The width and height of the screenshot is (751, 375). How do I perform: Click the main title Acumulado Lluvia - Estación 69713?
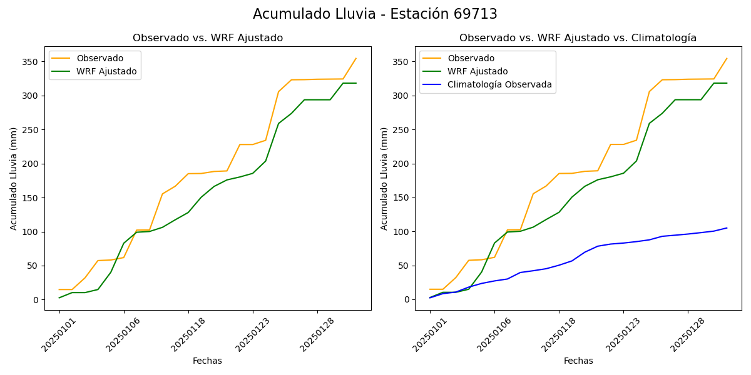tap(375, 14)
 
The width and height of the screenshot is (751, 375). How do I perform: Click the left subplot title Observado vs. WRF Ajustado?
tap(208, 38)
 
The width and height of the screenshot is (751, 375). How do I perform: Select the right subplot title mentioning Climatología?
tap(578, 38)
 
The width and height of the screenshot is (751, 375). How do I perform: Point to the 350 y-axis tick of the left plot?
tap(31, 62)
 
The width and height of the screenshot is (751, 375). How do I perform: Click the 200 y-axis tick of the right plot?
tap(401, 164)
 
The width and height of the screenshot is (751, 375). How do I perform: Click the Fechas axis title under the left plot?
tap(207, 361)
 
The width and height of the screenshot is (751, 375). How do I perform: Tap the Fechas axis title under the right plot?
tap(578, 361)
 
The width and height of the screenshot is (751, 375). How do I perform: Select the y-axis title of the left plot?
tap(14, 178)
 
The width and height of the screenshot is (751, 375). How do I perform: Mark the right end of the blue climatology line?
tap(727, 227)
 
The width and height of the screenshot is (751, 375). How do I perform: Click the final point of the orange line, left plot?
tap(356, 59)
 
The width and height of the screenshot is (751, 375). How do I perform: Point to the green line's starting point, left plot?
tap(59, 297)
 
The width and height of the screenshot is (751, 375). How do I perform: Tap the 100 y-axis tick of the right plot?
tap(401, 232)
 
